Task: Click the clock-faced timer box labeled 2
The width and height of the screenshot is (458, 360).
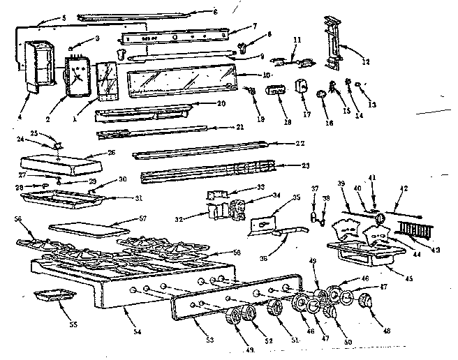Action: (x=76, y=74)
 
